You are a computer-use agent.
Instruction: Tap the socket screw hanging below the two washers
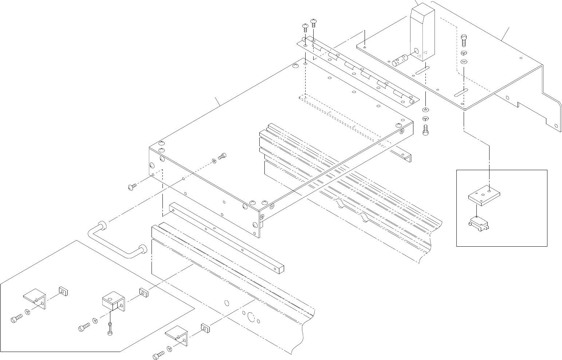(427, 130)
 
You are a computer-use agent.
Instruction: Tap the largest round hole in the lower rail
(251, 317)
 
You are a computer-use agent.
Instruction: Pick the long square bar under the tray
(226, 237)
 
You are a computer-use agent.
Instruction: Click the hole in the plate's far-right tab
(555, 126)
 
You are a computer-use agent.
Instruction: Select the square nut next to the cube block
(144, 292)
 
